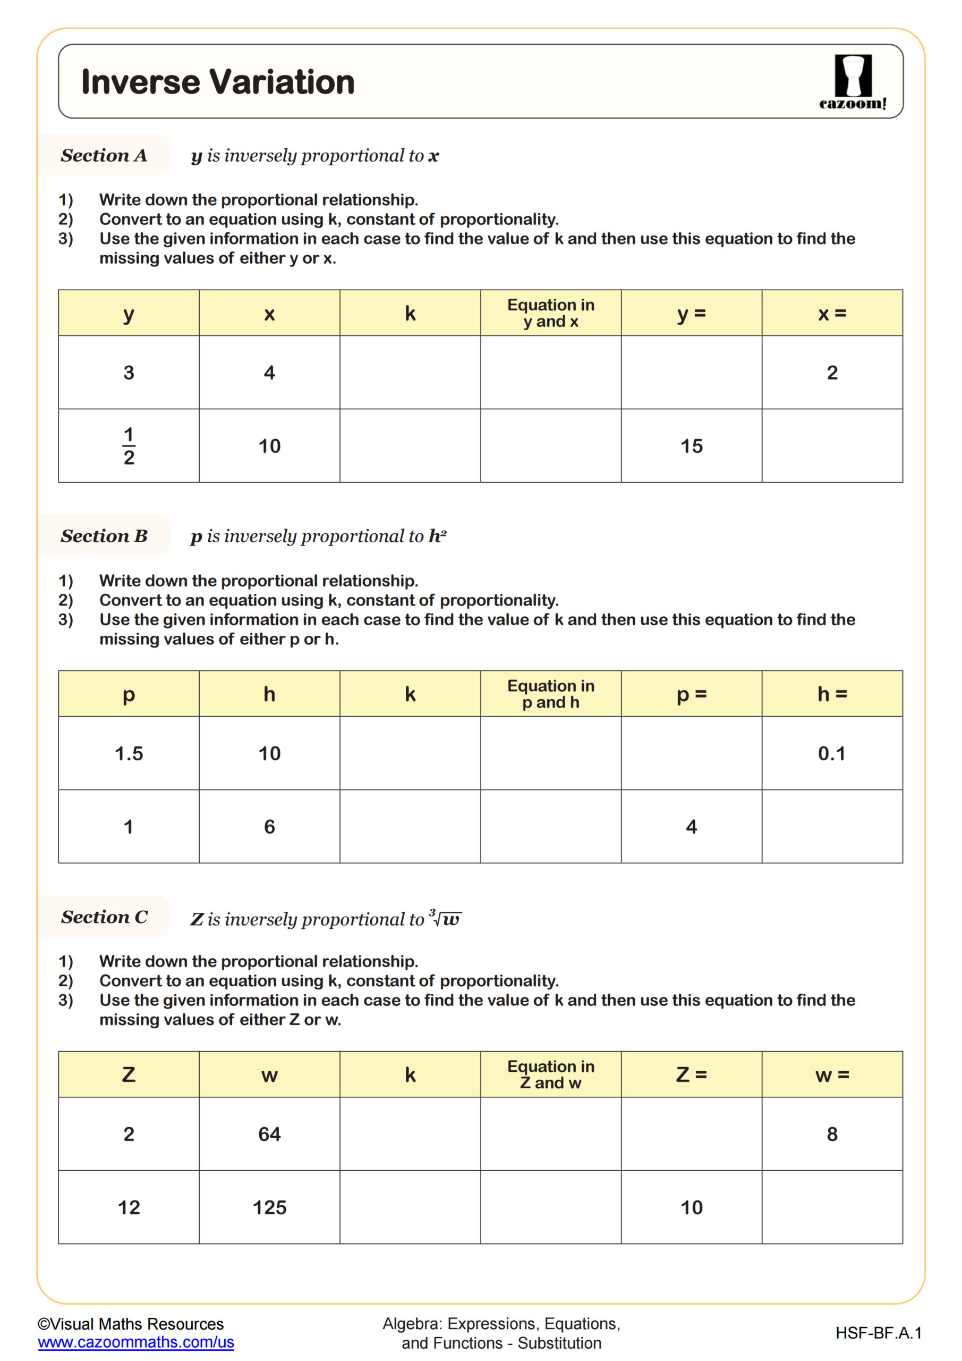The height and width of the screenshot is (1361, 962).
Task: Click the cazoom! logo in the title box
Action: [x=853, y=81]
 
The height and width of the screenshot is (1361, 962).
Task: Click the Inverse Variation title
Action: [x=217, y=82]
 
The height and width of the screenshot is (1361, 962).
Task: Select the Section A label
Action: [x=104, y=155]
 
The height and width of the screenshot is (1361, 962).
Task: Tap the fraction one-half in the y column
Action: [x=129, y=446]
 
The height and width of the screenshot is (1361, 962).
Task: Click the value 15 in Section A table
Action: [x=691, y=446]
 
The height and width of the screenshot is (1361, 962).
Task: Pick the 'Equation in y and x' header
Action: [x=550, y=313]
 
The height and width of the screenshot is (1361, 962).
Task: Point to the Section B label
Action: [x=104, y=536]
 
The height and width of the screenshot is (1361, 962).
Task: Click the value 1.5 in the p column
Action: [x=129, y=753]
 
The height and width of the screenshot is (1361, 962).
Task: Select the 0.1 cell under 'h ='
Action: [x=831, y=753]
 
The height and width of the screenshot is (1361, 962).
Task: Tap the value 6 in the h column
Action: [x=269, y=826]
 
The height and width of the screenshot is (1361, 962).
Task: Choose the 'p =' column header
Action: [x=691, y=694]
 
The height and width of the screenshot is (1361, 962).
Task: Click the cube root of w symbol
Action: [x=446, y=919]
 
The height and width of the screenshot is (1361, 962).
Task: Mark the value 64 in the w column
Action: [x=269, y=1134]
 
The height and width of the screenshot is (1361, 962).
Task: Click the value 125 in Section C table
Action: [x=269, y=1207]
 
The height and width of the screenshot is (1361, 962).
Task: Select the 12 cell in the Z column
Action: [x=129, y=1207]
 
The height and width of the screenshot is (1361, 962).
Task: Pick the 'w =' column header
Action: [x=831, y=1074]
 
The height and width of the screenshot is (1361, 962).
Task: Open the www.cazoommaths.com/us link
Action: [x=135, y=1342]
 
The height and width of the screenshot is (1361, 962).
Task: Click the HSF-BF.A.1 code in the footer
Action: [x=878, y=1333]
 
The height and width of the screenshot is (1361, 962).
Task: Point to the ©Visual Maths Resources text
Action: [x=130, y=1324]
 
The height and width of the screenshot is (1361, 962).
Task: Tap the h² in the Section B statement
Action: [x=437, y=536]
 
